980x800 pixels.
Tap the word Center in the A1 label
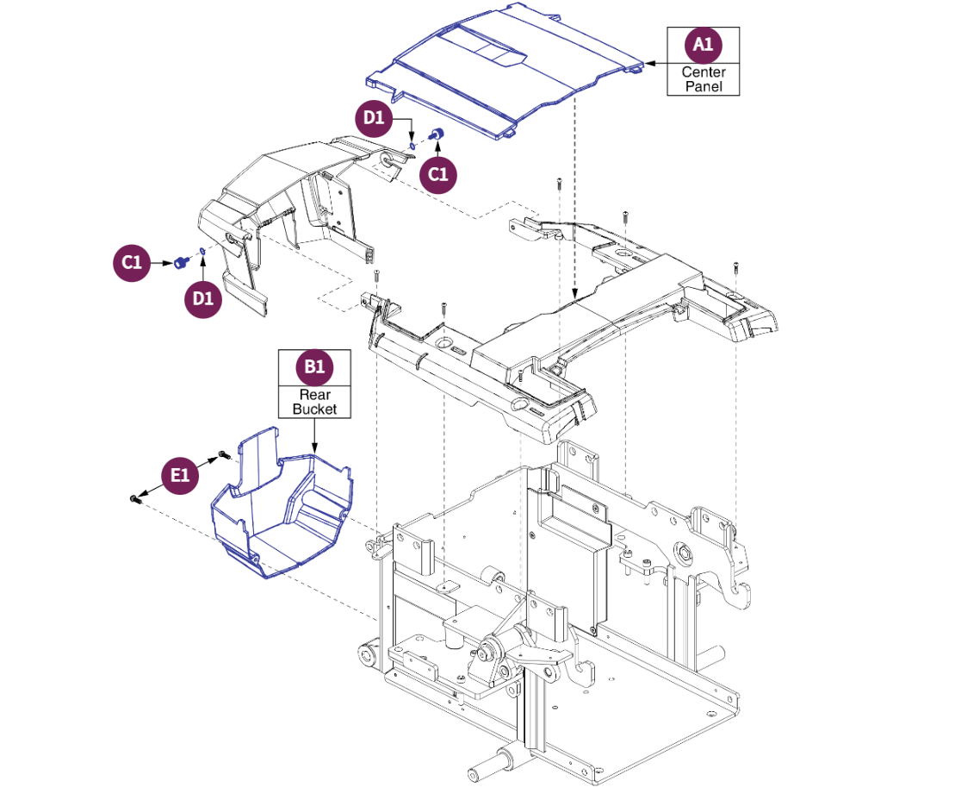pos(704,72)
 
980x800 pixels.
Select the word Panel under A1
pos(704,86)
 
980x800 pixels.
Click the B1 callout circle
pos(314,368)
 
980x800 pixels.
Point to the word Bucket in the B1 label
pos(314,409)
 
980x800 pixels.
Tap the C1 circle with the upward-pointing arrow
pos(439,174)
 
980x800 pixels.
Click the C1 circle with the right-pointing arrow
pos(131,263)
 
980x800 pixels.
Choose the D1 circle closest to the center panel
pos(375,117)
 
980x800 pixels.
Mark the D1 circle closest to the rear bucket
pos(203,299)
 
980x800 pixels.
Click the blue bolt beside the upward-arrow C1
pos(436,134)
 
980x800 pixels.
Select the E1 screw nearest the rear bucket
pos(223,453)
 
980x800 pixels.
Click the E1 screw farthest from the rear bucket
pos(135,497)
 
